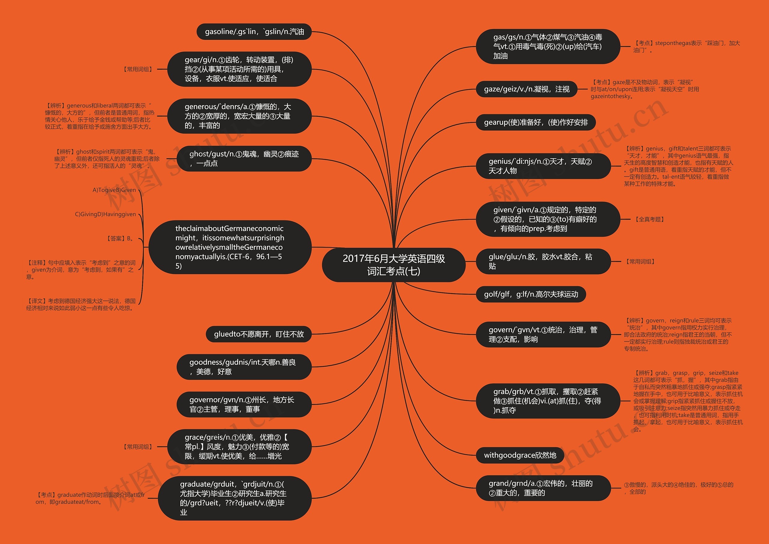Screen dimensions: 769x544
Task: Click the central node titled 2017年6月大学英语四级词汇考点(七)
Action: [394, 265]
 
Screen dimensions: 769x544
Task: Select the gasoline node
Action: [254, 32]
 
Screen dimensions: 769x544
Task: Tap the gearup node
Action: [536, 122]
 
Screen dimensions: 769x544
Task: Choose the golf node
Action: [531, 294]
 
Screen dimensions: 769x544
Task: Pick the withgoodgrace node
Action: [520, 455]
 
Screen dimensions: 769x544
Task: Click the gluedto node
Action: [259, 334]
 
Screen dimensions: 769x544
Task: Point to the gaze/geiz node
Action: [527, 89]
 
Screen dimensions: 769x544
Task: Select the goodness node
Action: [244, 367]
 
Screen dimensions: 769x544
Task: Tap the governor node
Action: [244, 404]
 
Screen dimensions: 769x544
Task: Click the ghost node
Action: [244, 158]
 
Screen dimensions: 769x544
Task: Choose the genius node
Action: [543, 166]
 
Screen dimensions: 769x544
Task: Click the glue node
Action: [543, 261]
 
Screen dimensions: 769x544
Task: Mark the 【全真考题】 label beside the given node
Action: [649, 219]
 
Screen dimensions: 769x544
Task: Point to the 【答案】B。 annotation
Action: [120, 239]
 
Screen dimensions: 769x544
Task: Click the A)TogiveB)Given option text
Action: [114, 190]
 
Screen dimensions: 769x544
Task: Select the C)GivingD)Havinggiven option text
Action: [105, 214]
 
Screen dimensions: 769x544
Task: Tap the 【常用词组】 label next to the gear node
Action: [138, 69]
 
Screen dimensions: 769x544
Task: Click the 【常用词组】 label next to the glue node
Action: [640, 262]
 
